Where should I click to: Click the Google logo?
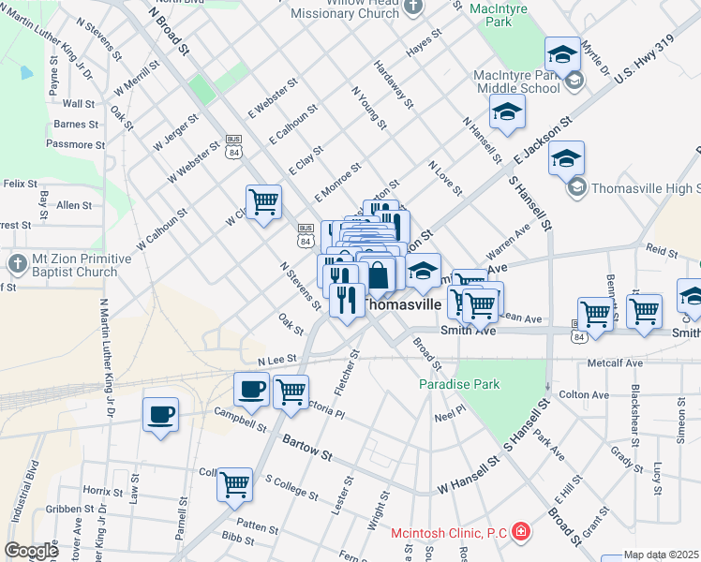point(31,551)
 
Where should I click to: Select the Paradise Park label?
point(459,384)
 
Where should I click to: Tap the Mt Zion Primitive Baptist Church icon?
point(16,264)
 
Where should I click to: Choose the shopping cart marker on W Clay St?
point(264,201)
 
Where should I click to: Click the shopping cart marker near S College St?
point(234,485)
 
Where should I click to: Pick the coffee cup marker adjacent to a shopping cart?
point(251,390)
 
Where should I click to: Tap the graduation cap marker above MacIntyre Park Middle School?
point(563,54)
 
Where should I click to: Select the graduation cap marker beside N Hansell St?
point(506,112)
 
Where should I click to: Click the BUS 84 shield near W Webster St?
point(233,140)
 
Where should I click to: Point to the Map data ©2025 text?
point(662,555)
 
